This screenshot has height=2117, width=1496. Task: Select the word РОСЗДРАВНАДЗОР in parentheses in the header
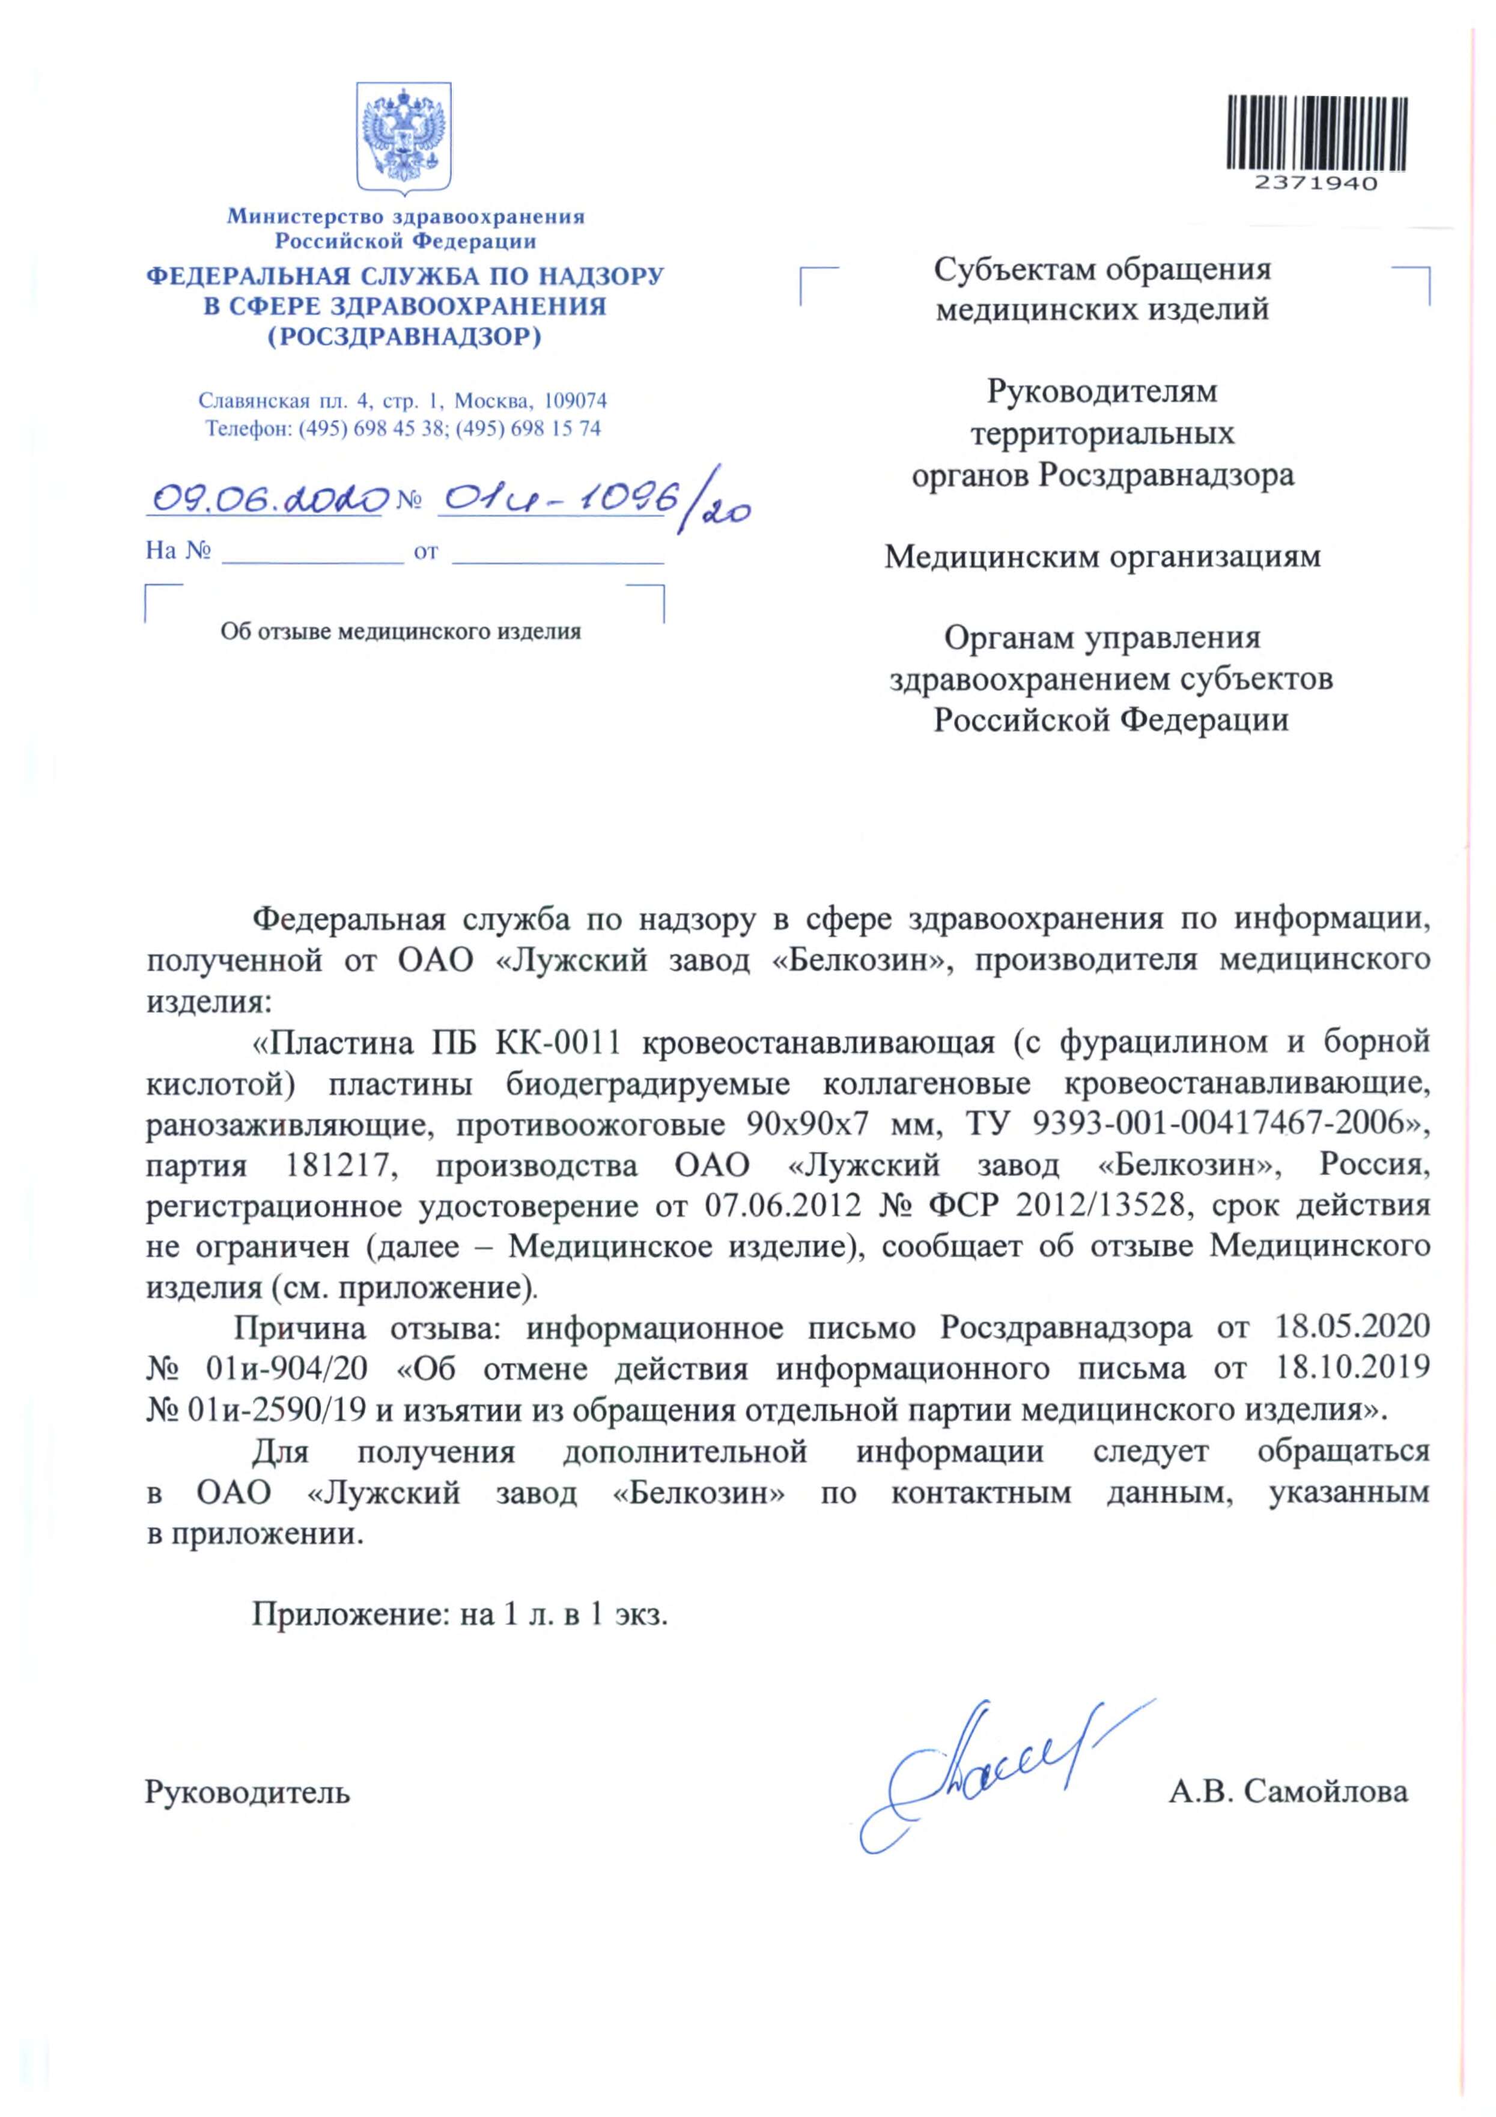(405, 337)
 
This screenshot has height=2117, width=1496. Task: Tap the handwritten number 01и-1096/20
(590, 503)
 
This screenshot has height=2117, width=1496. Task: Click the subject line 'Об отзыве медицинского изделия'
(400, 632)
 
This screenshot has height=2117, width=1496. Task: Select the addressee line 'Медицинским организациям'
(1102, 557)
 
